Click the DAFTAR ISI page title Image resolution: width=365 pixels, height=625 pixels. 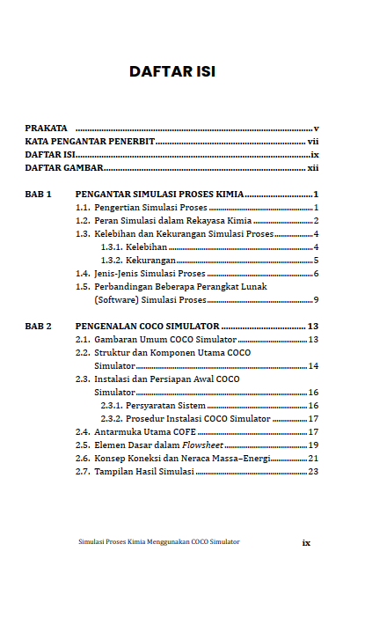pyautogui.click(x=172, y=71)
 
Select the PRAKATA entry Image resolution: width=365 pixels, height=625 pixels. pyautogui.click(x=47, y=129)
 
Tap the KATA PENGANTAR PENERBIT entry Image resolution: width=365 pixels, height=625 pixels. pyautogui.click(x=90, y=141)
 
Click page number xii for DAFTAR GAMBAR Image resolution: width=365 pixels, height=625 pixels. pyautogui.click(x=312, y=167)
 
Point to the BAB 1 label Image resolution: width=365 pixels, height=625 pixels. pyautogui.click(x=39, y=194)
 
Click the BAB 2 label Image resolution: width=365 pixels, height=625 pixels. pyautogui.click(x=39, y=327)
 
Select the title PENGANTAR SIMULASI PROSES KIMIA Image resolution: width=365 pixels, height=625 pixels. pyautogui.click(x=159, y=194)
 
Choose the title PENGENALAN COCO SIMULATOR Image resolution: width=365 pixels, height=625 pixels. pyautogui.click(x=147, y=327)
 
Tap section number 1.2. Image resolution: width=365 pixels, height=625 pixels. pyautogui.click(x=83, y=220)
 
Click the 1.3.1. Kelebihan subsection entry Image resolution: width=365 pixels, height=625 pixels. pyautogui.click(x=134, y=247)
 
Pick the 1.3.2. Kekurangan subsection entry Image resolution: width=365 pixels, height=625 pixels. pyautogui.click(x=137, y=261)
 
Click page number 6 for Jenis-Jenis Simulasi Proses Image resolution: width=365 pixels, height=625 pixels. pyautogui.click(x=315, y=274)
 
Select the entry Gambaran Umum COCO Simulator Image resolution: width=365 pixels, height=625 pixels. pyautogui.click(x=164, y=340)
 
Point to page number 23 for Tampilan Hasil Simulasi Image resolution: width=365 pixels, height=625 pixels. pyautogui.click(x=313, y=472)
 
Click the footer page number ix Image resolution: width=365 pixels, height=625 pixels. pyautogui.click(x=306, y=543)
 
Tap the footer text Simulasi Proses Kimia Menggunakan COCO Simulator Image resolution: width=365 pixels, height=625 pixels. pyautogui.click(x=159, y=542)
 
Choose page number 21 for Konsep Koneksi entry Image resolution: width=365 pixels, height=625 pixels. pyautogui.click(x=313, y=459)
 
